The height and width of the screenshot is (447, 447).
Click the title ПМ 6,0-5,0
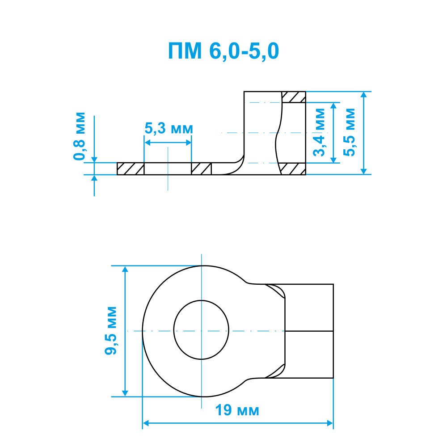(x=223, y=51)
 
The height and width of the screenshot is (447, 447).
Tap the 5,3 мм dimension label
(x=169, y=128)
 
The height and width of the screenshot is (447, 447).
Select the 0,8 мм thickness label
(x=79, y=136)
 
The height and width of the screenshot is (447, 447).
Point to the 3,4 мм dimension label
(x=319, y=132)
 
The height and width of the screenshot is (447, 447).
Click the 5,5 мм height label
(x=349, y=132)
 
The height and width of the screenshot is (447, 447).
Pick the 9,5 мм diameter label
(x=110, y=331)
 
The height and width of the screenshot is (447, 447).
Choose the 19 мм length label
(x=237, y=410)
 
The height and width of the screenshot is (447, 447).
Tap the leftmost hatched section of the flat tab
(x=131, y=169)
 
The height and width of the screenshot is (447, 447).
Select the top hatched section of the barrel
(x=294, y=97)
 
